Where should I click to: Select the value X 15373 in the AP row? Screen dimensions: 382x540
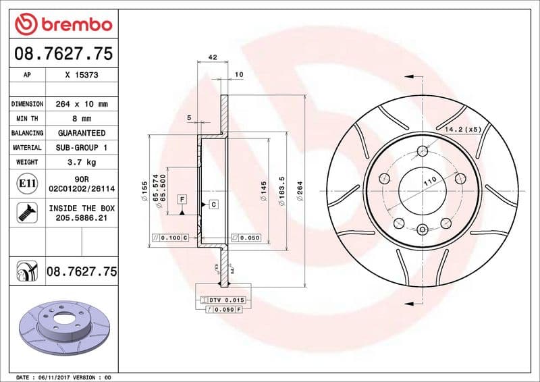pyautogui.click(x=82, y=76)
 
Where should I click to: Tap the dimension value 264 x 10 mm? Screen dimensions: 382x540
pyautogui.click(x=82, y=105)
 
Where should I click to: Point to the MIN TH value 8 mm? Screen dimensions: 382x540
pyautogui.click(x=82, y=119)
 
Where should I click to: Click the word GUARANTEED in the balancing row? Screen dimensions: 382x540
pyautogui.click(x=82, y=133)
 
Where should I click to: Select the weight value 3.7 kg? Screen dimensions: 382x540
pyautogui.click(x=82, y=162)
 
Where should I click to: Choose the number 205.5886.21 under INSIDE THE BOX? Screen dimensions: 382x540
pyautogui.click(x=82, y=218)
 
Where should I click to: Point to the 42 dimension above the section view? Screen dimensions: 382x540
pyautogui.click(x=213, y=57)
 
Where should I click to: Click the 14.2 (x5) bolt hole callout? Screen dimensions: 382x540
pyautogui.click(x=463, y=128)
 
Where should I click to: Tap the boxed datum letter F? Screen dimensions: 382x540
pyautogui.click(x=182, y=199)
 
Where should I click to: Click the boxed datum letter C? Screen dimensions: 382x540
pyautogui.click(x=213, y=204)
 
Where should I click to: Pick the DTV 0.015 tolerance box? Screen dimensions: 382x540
pyautogui.click(x=225, y=299)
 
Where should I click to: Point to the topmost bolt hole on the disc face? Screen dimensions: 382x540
pyautogui.click(x=423, y=151)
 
